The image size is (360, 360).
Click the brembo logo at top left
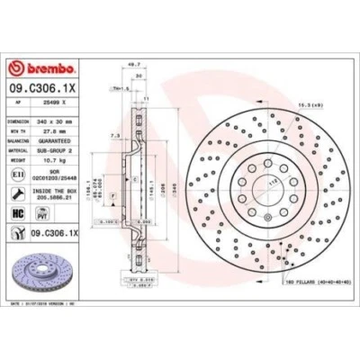[x=37, y=71]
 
